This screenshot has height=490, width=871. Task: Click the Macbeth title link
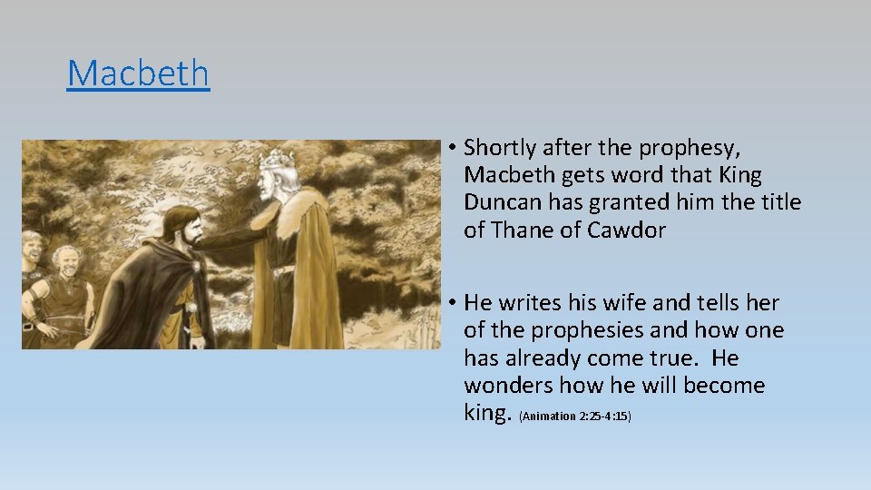138,73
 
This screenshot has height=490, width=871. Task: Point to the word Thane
523,230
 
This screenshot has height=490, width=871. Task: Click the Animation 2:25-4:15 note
574,416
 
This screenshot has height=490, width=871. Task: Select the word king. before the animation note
487,413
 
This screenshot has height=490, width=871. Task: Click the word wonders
507,386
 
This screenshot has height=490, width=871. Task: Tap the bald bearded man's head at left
66,260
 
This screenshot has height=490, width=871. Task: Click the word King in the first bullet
736,174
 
